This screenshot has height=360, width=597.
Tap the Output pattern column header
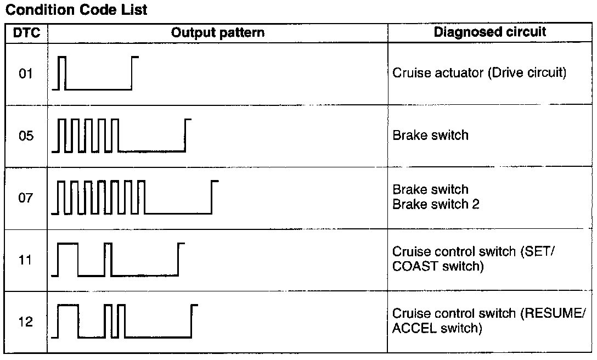[x=218, y=32]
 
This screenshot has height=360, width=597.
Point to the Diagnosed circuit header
[x=490, y=32]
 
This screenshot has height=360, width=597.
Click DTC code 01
[x=26, y=73]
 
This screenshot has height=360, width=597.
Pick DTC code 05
[x=26, y=136]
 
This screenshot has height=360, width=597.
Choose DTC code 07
[x=26, y=198]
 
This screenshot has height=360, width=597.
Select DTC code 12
[x=26, y=322]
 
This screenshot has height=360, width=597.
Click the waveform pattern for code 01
[x=95, y=72]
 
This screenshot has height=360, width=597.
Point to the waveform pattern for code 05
[x=121, y=135]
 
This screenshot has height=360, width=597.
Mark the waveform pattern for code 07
[x=135, y=197]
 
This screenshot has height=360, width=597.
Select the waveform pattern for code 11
[x=119, y=259]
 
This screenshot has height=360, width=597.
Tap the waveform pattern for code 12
[x=125, y=321]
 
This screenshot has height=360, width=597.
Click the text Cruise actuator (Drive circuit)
[x=479, y=73]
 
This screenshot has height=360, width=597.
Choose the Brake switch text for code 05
[x=430, y=136]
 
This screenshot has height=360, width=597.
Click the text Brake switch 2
[x=436, y=204]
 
